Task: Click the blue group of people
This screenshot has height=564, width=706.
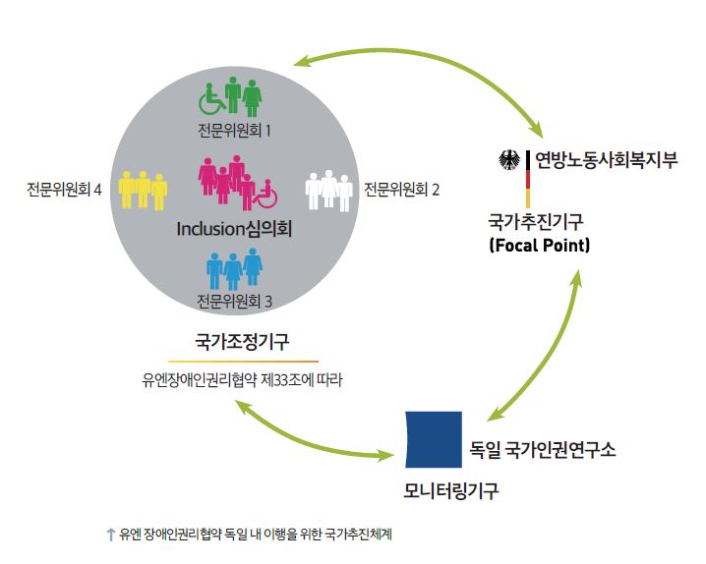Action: point(234,268)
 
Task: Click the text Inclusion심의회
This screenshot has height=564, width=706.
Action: point(235,229)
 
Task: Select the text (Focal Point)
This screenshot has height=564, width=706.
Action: point(539,245)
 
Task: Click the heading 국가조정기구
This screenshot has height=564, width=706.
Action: point(241,343)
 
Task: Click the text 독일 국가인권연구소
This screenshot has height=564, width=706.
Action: point(544,450)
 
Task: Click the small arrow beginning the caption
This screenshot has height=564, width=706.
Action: point(110,535)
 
